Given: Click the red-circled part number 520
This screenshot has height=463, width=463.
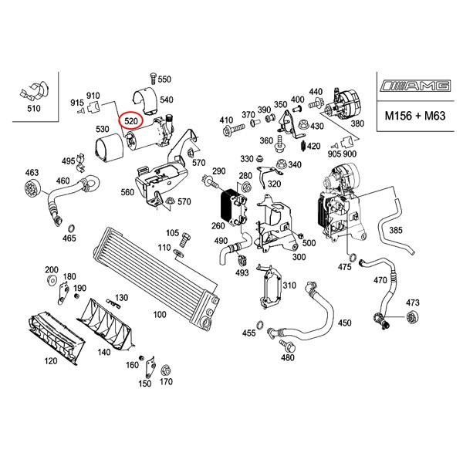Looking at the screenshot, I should (x=130, y=121).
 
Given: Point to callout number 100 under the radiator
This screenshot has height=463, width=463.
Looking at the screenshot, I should (x=160, y=315).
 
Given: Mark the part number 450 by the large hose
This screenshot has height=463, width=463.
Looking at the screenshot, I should (x=344, y=323).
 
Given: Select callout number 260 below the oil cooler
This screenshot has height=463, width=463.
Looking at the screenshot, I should (x=218, y=226).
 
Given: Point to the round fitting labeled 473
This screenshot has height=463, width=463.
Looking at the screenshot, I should (x=411, y=318).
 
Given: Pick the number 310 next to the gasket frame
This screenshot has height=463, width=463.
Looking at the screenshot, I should (x=289, y=286).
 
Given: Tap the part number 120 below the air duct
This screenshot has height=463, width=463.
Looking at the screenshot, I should (x=51, y=361).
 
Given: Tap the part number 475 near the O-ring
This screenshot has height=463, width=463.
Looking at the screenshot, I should (x=344, y=267).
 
